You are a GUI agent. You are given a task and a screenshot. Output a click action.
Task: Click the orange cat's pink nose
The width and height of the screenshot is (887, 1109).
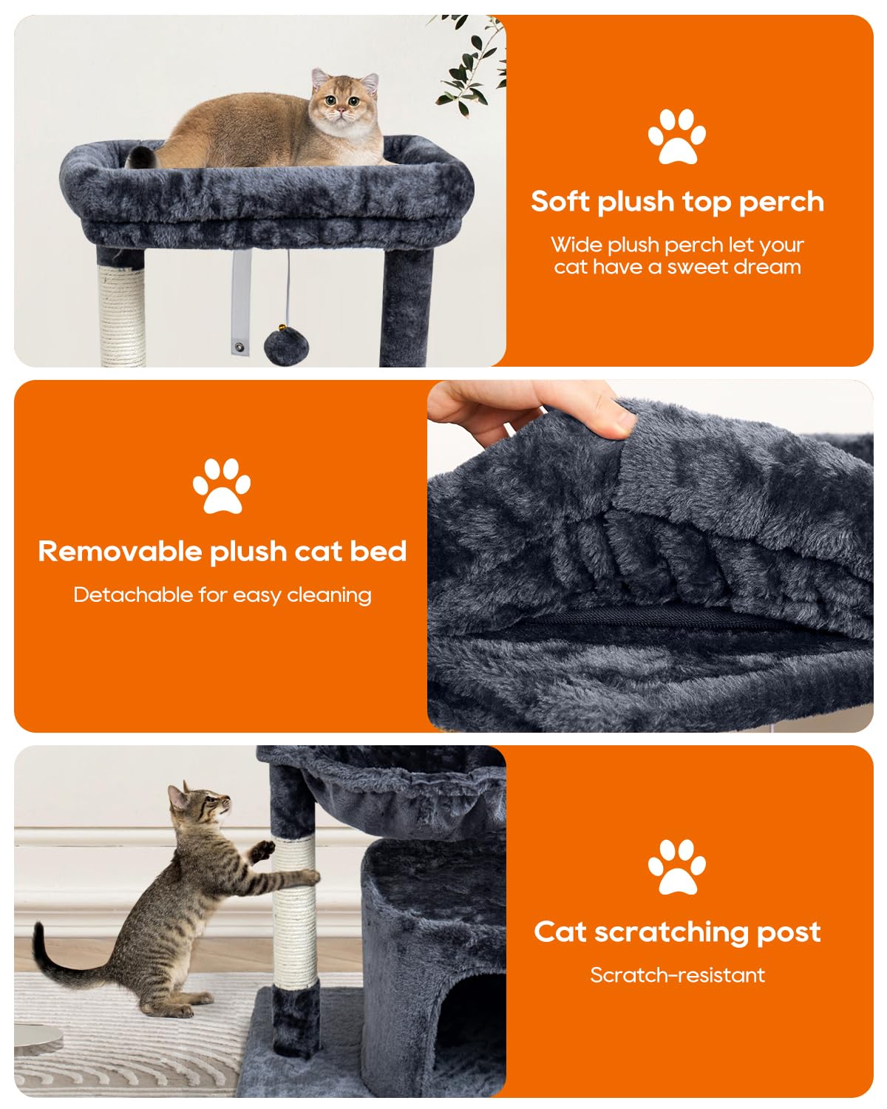[341, 109]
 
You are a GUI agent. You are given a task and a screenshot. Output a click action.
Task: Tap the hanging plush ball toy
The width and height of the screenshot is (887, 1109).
[286, 345]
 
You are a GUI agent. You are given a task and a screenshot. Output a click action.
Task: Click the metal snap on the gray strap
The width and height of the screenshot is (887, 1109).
[239, 347]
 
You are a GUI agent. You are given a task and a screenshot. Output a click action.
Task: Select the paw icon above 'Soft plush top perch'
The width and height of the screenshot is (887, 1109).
[677, 137]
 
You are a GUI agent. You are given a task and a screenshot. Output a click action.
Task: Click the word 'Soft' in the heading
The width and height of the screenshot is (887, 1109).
[560, 201]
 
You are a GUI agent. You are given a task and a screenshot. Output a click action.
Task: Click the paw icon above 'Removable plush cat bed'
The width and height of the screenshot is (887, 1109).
[222, 486]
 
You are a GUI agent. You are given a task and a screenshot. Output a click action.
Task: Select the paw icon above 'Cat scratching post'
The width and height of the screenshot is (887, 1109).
[677, 867]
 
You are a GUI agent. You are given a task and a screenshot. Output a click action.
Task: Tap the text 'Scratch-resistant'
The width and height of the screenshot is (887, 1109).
[677, 975]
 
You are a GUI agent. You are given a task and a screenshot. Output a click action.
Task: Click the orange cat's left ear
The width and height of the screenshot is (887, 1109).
[319, 78]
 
